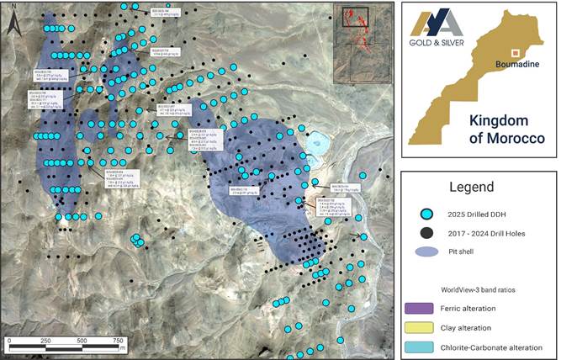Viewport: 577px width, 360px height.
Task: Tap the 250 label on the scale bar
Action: click(x=45, y=339)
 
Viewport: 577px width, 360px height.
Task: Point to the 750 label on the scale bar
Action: click(x=117, y=339)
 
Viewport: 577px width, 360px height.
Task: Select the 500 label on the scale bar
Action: click(x=82, y=339)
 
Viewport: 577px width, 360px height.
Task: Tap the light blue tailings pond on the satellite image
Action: click(x=318, y=143)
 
